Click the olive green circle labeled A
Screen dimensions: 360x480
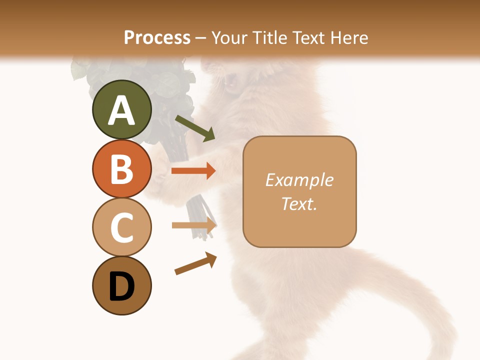[121, 109]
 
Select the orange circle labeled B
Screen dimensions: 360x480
[121, 168]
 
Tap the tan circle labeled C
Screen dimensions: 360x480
[121, 227]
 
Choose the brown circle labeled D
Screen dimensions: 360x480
[121, 285]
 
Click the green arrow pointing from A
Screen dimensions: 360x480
[195, 128]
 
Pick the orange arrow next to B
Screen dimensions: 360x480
[193, 171]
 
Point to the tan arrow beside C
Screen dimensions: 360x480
[194, 225]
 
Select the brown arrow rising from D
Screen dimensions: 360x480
[195, 263]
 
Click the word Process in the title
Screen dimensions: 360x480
[157, 38]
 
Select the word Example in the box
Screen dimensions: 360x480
[299, 180]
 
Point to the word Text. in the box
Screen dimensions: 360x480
[299, 203]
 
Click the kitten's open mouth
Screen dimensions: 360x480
[231, 80]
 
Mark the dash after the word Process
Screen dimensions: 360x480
[201, 38]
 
